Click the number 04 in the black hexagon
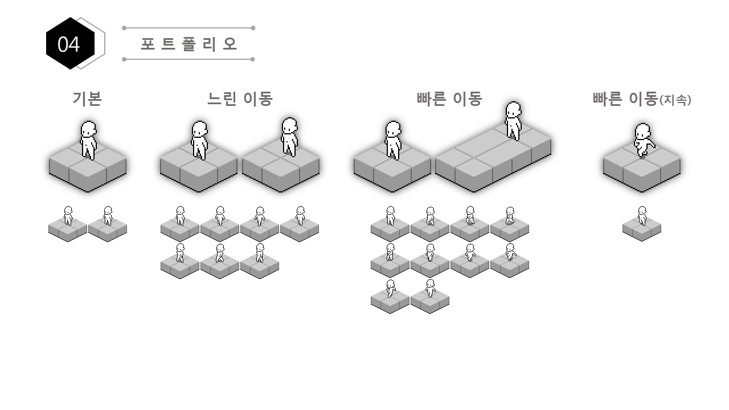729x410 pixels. [x=69, y=44]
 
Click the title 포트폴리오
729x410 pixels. [x=189, y=44]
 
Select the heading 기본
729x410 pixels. [x=87, y=99]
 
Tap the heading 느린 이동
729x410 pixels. [x=240, y=99]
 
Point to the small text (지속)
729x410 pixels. [x=675, y=100]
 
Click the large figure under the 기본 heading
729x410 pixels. [x=88, y=140]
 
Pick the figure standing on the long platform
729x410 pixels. [x=513, y=121]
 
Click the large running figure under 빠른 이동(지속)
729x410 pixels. [x=644, y=140]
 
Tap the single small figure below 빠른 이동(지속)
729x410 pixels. [x=642, y=216]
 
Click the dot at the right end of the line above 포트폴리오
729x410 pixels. [x=253, y=28]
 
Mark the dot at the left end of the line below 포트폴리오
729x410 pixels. [x=124, y=59]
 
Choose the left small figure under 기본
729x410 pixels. [x=68, y=216]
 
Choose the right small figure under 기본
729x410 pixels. [x=108, y=216]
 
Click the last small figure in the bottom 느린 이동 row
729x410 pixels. [x=260, y=253]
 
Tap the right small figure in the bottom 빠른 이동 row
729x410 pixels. [x=430, y=288]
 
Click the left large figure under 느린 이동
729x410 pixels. [x=199, y=140]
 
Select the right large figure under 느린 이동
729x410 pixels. [x=289, y=137]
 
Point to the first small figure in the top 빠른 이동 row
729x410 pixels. [x=391, y=216]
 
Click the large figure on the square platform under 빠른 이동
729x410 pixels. [x=393, y=140]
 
